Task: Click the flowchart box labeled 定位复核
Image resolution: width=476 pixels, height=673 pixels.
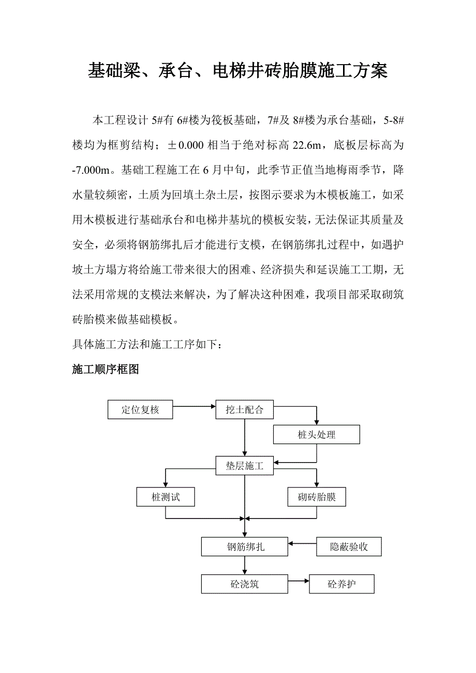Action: pyautogui.click(x=140, y=410)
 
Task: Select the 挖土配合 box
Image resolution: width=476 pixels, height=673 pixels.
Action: pyautogui.click(x=244, y=410)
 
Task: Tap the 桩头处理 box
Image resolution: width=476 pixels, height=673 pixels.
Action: pyautogui.click(x=316, y=435)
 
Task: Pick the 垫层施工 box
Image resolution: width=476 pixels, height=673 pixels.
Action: pyautogui.click(x=244, y=466)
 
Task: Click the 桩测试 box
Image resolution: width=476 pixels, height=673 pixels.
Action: pyautogui.click(x=166, y=497)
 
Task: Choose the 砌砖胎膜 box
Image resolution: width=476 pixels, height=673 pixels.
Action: pyautogui.click(x=317, y=497)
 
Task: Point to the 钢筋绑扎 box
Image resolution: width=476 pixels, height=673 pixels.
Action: pyautogui.click(x=244, y=546)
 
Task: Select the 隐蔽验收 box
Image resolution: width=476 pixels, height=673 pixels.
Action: pyautogui.click(x=349, y=546)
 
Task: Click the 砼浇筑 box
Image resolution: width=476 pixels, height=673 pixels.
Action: pyautogui.click(x=244, y=585)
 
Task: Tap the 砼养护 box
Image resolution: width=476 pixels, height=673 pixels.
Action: pyautogui.click(x=341, y=585)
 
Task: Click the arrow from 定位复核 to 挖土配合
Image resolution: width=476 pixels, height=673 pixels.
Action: pyautogui.click(x=194, y=406)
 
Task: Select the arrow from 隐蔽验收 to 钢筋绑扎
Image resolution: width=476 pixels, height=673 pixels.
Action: pyautogui.click(x=302, y=543)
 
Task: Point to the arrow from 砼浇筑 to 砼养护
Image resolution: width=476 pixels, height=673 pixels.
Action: pyautogui.click(x=298, y=581)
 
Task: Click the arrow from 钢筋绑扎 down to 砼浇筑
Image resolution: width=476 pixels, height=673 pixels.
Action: pyautogui.click(x=244, y=565)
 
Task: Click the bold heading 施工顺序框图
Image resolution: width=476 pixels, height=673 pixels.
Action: pyautogui.click(x=106, y=370)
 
